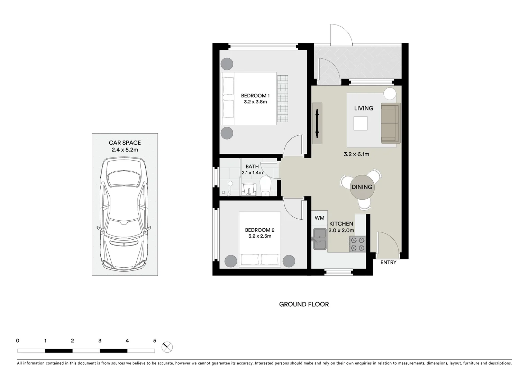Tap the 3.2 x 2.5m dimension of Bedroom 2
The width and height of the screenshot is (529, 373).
259,236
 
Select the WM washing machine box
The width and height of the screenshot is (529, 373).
319,218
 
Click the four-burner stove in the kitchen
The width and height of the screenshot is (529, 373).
357,243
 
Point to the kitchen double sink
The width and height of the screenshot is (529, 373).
320,239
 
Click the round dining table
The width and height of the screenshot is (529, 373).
362,187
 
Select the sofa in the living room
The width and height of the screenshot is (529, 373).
390,123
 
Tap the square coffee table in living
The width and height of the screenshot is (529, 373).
361,123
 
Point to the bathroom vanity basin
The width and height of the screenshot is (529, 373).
249,190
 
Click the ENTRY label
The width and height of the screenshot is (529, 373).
388,262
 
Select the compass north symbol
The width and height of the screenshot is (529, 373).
167,347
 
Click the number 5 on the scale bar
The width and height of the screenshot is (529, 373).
155,341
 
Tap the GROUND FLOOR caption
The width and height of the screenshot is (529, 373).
304,304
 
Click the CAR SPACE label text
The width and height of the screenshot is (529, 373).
125,143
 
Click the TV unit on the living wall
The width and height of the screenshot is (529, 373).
317,123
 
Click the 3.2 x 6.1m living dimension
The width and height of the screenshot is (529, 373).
356,154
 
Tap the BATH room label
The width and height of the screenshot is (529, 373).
252,166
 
